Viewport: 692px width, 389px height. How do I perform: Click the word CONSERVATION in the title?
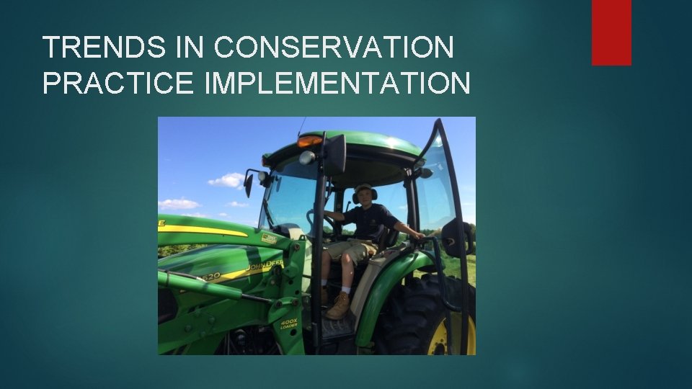click(334, 48)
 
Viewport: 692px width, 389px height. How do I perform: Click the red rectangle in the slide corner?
click(611, 32)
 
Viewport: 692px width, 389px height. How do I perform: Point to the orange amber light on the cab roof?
click(309, 141)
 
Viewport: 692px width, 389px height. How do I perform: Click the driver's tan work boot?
click(338, 306)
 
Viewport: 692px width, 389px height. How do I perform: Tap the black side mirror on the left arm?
click(249, 184)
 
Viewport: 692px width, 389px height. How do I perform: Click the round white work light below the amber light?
click(307, 157)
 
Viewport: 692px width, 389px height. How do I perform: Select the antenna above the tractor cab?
click(301, 126)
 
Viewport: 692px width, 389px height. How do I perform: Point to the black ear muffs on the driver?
click(355, 195)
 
